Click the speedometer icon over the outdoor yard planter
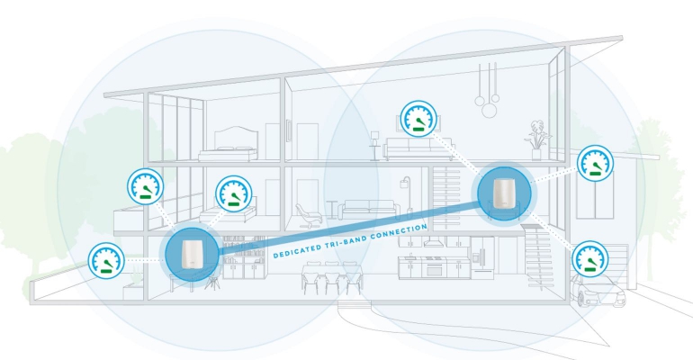106,261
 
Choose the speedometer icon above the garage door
593,163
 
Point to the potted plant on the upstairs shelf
538,136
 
